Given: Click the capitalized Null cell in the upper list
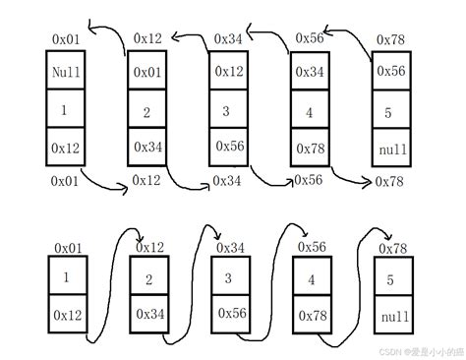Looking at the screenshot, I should (64, 72).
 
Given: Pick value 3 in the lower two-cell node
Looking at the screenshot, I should (230, 278).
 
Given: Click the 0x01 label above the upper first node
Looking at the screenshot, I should (66, 38).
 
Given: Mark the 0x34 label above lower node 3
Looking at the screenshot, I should (231, 247).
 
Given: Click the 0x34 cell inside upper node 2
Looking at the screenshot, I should (147, 146).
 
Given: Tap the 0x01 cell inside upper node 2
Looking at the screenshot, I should (147, 73).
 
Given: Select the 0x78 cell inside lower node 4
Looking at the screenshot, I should (313, 316).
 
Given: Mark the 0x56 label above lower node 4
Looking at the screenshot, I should (312, 247).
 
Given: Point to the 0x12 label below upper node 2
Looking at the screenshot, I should (146, 181).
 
